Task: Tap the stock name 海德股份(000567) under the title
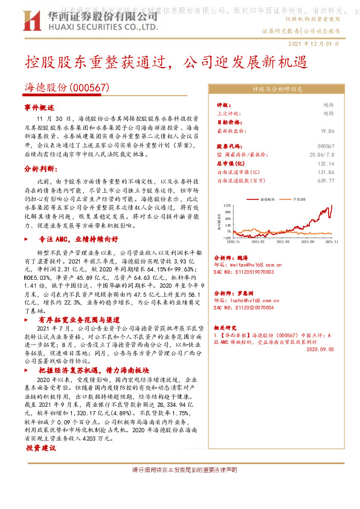tap(66, 88)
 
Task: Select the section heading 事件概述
tap(39, 106)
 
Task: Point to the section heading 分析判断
tap(40, 169)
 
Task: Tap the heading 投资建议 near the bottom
tap(40, 449)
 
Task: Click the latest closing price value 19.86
tap(327, 130)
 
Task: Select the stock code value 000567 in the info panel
tap(326, 146)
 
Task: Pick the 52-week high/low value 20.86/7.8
tap(322, 155)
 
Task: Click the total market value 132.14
tap(326, 163)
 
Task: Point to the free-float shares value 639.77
tap(326, 180)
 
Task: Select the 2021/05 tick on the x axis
tap(282, 241)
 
